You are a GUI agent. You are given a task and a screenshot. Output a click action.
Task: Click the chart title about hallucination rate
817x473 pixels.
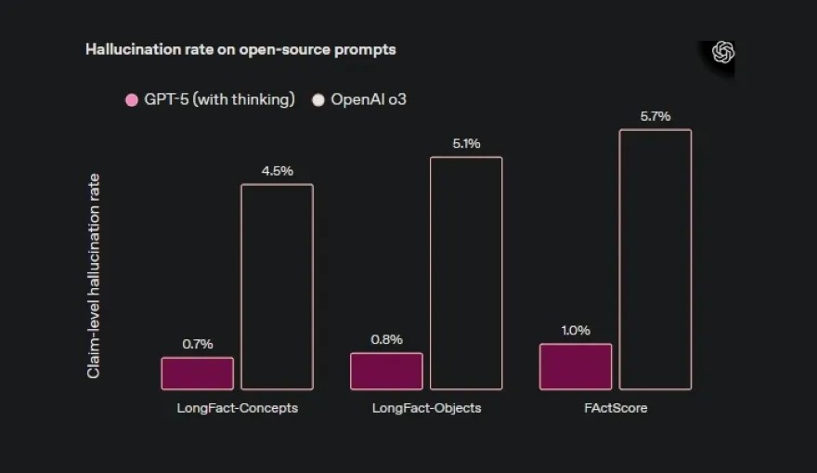pos(240,49)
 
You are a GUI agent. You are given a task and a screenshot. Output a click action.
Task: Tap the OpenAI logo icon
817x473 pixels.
pos(723,53)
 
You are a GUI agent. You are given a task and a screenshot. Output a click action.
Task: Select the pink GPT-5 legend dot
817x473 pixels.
pos(132,99)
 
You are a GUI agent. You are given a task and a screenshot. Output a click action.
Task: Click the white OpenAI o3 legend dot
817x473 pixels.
pos(318,99)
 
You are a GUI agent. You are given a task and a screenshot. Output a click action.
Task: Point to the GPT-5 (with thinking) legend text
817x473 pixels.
pos(220,99)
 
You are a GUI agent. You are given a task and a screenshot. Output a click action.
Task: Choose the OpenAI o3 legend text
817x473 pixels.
pos(369,99)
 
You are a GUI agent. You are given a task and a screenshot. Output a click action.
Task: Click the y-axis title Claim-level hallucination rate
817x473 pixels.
pos(94,276)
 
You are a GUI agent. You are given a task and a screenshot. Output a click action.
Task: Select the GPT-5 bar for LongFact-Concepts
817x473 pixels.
pos(198,373)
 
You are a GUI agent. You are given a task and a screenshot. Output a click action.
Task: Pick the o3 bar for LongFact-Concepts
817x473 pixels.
pos(277,286)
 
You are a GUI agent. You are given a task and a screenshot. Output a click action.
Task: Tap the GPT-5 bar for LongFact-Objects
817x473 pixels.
pos(386,371)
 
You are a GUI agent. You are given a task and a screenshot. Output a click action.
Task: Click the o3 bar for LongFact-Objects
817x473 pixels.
pos(466,272)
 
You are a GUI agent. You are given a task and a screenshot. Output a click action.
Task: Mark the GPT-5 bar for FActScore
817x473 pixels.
pos(576,366)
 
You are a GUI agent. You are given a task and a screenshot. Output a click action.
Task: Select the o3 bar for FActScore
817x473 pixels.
pos(655,258)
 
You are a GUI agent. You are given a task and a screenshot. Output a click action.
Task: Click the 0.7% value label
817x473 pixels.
pos(198,344)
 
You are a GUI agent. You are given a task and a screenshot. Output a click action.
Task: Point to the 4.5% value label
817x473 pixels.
pos(277,171)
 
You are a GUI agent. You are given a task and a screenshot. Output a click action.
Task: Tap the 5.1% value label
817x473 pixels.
pos(466,143)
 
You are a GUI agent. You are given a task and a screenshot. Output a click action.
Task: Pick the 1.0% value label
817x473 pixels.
pos(576,330)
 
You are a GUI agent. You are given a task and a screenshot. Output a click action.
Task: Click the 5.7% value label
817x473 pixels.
pos(655,116)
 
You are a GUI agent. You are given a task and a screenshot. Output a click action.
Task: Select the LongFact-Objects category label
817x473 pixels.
pos(426,408)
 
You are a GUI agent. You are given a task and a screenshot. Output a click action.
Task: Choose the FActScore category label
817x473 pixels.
pos(616,408)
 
